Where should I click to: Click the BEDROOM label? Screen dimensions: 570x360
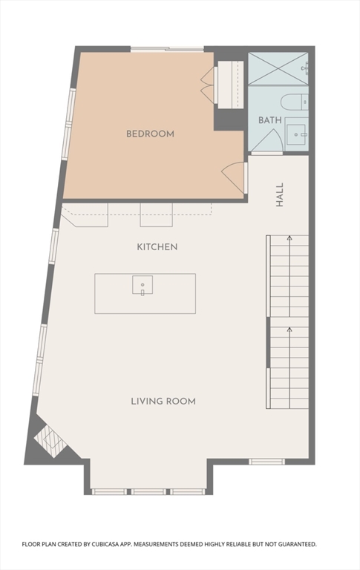(x=150, y=134)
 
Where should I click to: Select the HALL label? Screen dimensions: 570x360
(x=280, y=194)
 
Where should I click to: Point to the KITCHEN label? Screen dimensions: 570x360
(x=157, y=246)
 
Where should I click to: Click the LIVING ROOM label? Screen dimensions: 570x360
(x=163, y=402)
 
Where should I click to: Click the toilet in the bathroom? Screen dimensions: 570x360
(x=294, y=102)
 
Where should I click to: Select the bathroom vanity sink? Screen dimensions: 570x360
(x=297, y=134)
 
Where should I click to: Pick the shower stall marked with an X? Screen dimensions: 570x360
(x=278, y=69)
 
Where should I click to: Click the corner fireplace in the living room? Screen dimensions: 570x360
(x=49, y=442)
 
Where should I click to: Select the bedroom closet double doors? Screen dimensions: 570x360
(x=207, y=85)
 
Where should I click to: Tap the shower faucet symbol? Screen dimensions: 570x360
(x=305, y=68)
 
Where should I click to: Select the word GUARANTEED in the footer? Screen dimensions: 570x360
(x=292, y=544)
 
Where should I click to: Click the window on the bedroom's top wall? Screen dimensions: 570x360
(x=168, y=50)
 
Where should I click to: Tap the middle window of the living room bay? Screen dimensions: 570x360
(x=149, y=491)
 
